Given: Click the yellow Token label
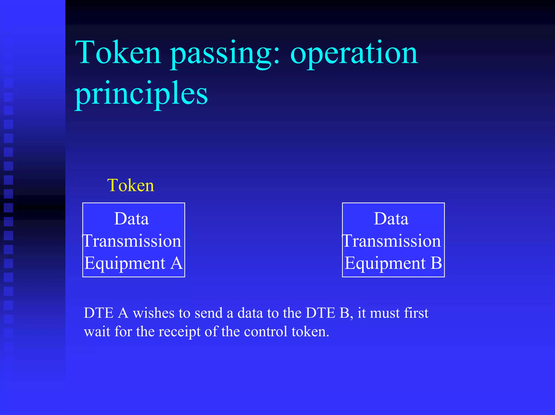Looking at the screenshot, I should click(131, 186).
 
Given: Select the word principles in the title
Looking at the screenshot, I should click(141, 94).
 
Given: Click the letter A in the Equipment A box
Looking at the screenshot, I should click(176, 263).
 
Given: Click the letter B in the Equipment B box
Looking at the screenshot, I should click(436, 263).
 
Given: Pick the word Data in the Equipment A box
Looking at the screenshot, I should click(131, 219).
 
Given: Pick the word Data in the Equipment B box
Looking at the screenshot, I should click(391, 219).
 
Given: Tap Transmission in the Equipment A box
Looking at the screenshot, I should click(132, 241).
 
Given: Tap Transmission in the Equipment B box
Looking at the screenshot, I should click(392, 241).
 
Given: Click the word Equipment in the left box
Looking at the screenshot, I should click(125, 264).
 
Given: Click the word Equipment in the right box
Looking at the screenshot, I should click(385, 264).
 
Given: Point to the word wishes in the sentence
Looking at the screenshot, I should click(153, 313).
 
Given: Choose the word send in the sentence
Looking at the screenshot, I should click(209, 313).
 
